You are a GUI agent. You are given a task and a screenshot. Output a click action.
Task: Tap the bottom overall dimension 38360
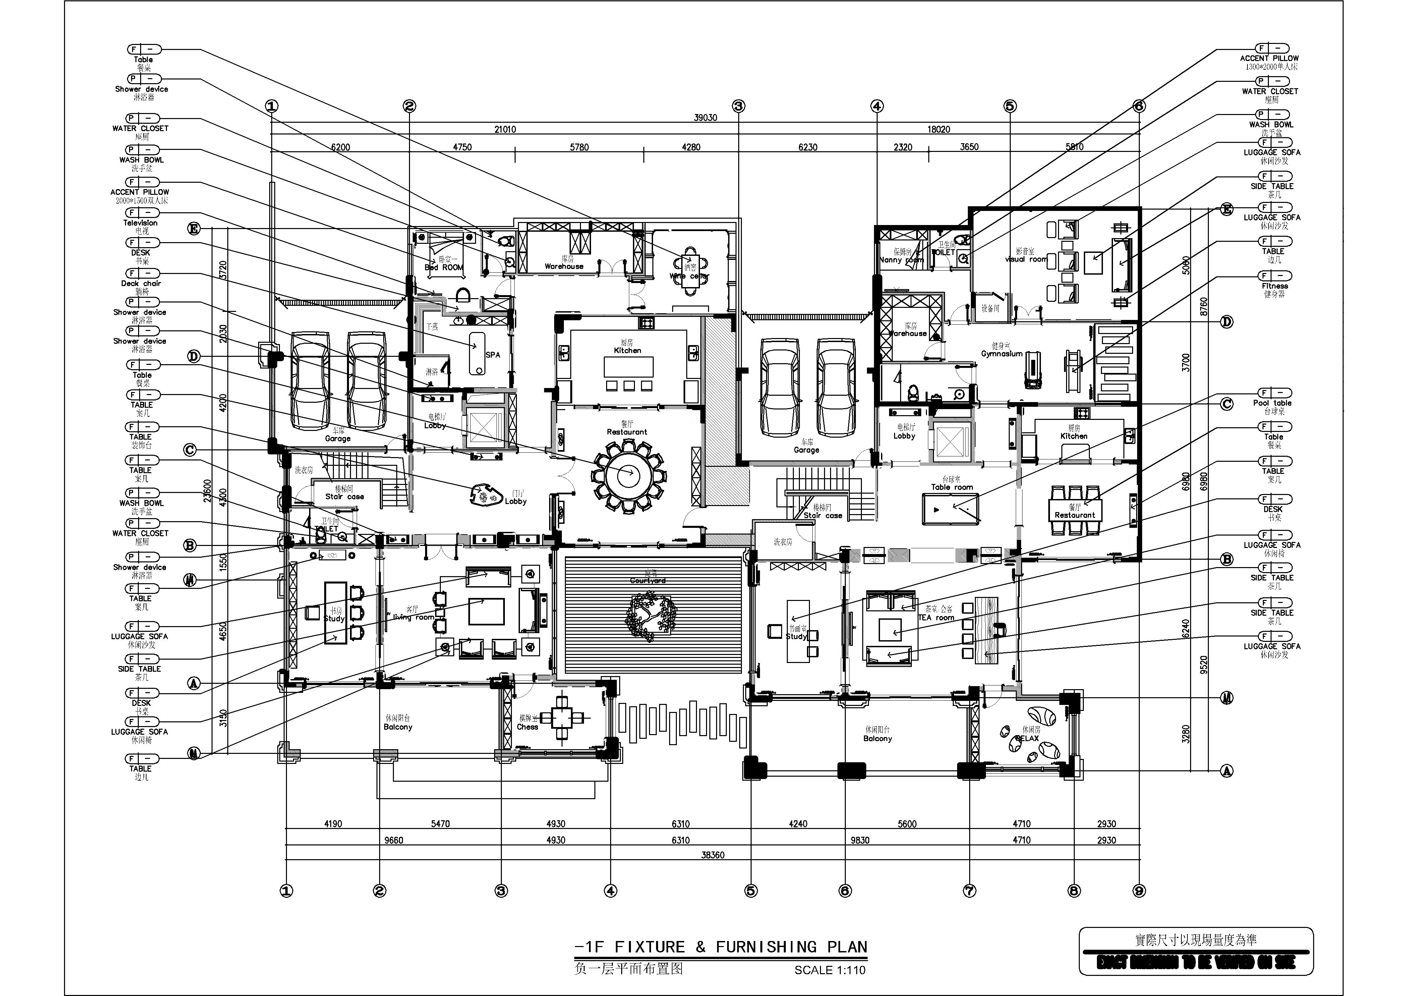(x=713, y=854)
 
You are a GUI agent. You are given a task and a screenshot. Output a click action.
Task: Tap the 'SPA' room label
(x=492, y=354)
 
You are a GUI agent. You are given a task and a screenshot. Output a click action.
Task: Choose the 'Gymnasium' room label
(x=1001, y=354)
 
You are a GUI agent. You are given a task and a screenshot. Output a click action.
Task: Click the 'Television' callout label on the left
(x=140, y=223)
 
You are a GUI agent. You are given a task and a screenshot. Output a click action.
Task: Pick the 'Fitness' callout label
(x=1274, y=286)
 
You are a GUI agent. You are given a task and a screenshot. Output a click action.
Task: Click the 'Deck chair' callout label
(x=141, y=283)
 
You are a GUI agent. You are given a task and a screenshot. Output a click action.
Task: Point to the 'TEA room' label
(x=936, y=618)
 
